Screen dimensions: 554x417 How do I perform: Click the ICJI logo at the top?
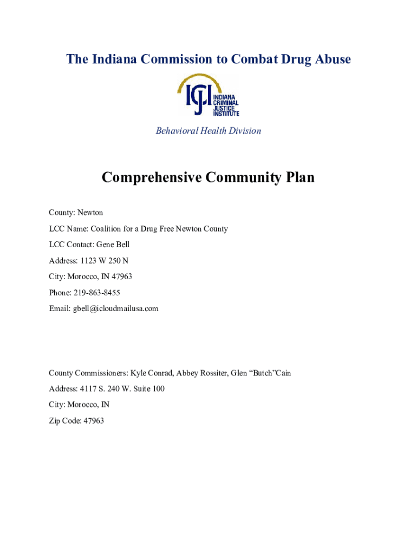coord(208,96)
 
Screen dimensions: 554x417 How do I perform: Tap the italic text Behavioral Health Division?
coord(208,131)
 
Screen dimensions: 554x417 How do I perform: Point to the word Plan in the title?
coord(298,177)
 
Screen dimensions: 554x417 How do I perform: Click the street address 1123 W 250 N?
coord(105,261)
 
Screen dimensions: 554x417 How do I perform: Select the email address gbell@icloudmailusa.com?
coord(116,308)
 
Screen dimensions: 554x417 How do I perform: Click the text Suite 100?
coord(152,389)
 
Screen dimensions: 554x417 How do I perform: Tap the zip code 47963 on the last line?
coord(93,421)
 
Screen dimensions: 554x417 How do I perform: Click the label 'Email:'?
coord(60,308)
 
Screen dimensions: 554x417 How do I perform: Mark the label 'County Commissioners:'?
coord(88,373)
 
